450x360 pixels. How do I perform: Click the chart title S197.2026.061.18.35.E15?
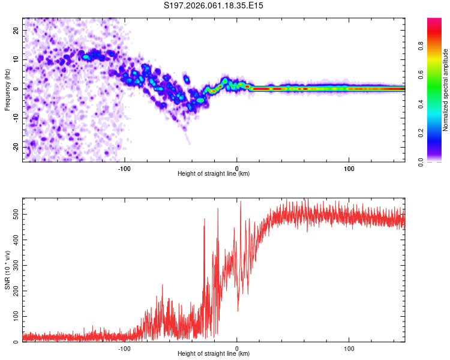214,5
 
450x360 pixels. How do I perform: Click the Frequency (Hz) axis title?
7,89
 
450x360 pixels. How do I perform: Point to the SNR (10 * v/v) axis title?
7,269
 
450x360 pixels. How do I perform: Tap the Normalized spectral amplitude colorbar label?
445,90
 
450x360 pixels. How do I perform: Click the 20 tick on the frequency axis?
16,30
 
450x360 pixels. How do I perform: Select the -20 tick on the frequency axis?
14,147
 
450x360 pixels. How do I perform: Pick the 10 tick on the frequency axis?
16,59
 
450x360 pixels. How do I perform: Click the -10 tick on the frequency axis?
14,118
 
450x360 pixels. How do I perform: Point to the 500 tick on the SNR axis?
14,214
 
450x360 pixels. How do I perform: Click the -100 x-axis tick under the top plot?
124,167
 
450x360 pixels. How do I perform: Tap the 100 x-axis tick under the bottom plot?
349,347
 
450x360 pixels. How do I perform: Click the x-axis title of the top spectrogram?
214,174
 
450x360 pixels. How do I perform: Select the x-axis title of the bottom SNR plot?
214,354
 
